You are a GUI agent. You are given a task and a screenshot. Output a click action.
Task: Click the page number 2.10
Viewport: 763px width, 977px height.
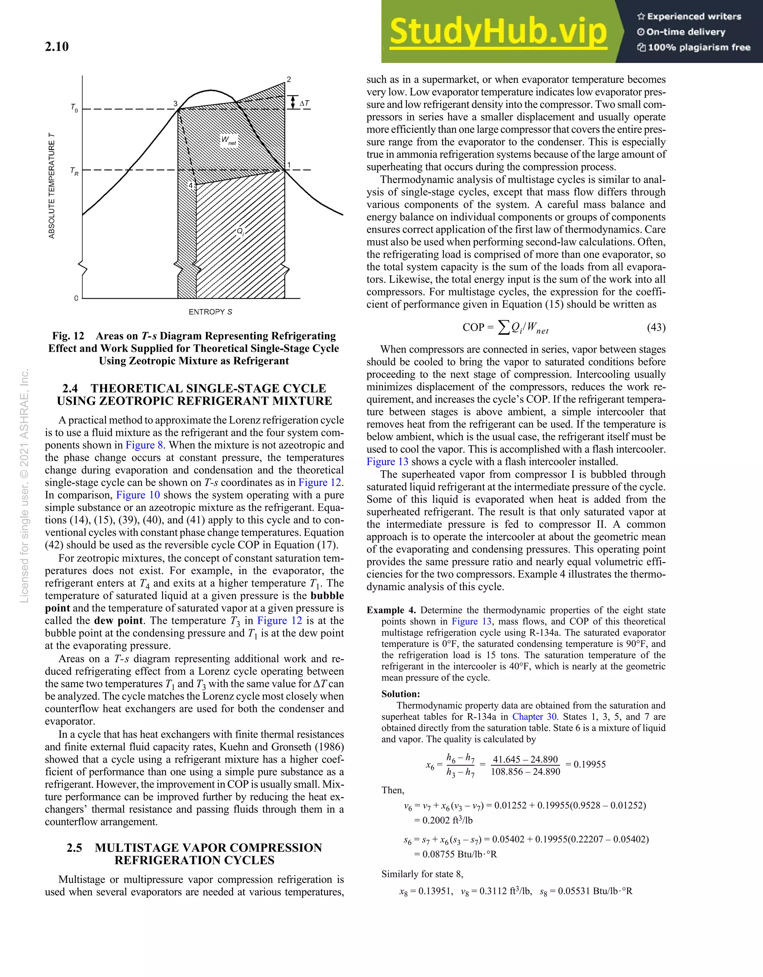tap(57, 47)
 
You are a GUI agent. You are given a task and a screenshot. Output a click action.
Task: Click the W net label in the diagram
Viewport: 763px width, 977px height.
tap(229, 141)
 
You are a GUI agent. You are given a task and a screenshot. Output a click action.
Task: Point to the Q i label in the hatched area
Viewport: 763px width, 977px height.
tap(240, 232)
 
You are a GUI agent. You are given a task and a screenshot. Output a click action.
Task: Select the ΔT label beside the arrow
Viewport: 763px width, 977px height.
tap(304, 103)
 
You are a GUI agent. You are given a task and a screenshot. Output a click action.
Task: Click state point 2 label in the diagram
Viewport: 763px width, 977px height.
tap(289, 80)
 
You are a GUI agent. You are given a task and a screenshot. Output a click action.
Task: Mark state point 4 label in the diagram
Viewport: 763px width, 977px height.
tap(190, 186)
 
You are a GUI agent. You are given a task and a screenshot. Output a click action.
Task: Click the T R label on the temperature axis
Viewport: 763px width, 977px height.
tap(74, 171)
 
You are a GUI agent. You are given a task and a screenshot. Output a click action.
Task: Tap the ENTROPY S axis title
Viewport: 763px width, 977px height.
tap(210, 312)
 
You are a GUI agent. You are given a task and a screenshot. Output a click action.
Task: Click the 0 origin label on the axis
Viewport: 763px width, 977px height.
tap(76, 298)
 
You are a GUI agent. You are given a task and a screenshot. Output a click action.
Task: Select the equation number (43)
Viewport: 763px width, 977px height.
tap(656, 327)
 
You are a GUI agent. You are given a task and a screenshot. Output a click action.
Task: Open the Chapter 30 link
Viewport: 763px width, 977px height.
tap(535, 717)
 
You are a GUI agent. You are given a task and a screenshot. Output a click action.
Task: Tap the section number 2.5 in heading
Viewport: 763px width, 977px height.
tap(74, 848)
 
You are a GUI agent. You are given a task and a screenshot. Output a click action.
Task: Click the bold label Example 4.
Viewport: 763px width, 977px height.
tap(391, 610)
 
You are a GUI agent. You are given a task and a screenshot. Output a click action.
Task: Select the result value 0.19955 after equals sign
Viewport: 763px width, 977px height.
tap(589, 764)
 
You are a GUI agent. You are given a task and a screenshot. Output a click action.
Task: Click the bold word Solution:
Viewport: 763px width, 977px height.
tap(401, 694)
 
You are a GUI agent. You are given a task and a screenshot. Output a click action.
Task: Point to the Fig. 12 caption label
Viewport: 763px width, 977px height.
tap(68, 336)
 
